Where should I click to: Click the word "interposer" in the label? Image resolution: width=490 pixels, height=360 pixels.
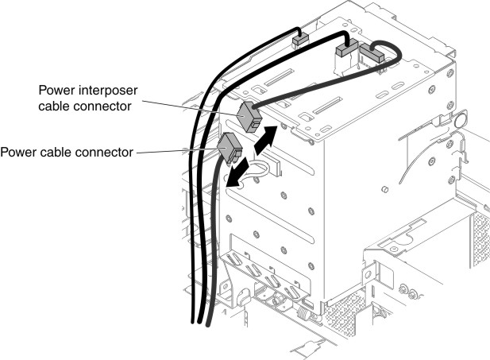[x=109, y=91]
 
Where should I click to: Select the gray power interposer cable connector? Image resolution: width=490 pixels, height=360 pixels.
[x=249, y=117]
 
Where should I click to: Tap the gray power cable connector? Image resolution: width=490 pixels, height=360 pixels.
[x=230, y=149]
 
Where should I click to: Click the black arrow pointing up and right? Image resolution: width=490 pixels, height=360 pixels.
[x=266, y=140]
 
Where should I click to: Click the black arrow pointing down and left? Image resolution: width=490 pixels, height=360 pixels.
[x=237, y=172]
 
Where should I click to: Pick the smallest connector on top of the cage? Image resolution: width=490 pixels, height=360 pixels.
[x=301, y=41]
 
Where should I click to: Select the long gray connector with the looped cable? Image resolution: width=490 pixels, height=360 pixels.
[x=372, y=53]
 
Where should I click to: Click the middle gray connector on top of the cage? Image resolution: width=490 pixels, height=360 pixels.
[x=346, y=48]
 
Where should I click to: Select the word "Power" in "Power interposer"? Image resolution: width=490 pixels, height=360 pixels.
[x=57, y=91]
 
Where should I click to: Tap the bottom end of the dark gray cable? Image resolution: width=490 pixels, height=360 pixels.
[x=208, y=325]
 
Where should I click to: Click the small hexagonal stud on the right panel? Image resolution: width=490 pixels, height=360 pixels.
[x=385, y=189]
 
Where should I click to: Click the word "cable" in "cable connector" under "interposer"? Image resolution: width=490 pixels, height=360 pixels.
[x=54, y=106]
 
